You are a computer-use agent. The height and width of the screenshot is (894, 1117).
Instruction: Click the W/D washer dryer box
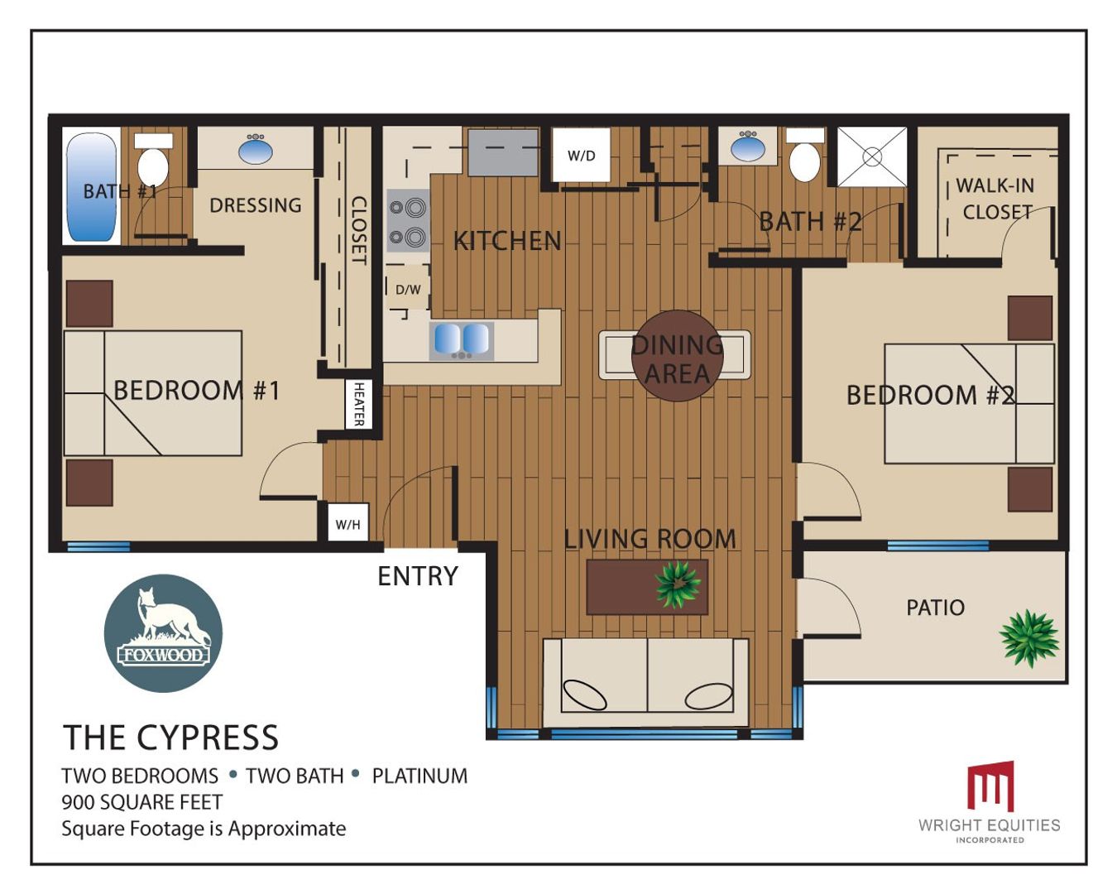(581, 155)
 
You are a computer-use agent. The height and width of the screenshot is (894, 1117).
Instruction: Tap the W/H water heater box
(348, 522)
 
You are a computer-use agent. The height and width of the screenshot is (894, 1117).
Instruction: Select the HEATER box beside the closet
(358, 404)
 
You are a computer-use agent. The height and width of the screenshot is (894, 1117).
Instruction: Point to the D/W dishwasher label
(408, 290)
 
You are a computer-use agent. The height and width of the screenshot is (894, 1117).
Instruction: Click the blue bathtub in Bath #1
(91, 187)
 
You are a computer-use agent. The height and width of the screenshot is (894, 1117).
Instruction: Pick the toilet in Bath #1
(153, 160)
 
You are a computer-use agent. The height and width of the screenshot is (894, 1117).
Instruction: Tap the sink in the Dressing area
(256, 150)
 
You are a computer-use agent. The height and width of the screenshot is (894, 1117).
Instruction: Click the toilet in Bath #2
(804, 156)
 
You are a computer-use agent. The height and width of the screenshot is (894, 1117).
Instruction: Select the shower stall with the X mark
(872, 156)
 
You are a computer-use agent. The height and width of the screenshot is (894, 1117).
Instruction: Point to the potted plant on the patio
(1029, 638)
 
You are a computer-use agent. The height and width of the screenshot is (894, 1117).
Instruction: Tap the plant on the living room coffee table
(678, 584)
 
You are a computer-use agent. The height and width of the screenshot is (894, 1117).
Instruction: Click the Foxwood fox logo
(164, 632)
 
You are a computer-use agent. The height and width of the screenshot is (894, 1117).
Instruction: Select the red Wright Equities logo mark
(990, 786)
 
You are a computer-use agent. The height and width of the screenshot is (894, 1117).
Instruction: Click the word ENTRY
(418, 575)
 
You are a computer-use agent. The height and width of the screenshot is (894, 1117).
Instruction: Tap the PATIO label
(935, 608)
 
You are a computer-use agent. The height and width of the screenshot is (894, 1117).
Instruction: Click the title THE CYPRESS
(170, 737)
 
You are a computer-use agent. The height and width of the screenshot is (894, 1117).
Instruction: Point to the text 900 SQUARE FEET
(142, 802)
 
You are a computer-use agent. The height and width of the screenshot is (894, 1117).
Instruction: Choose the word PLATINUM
(420, 776)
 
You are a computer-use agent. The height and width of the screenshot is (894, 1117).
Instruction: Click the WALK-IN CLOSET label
(995, 199)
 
